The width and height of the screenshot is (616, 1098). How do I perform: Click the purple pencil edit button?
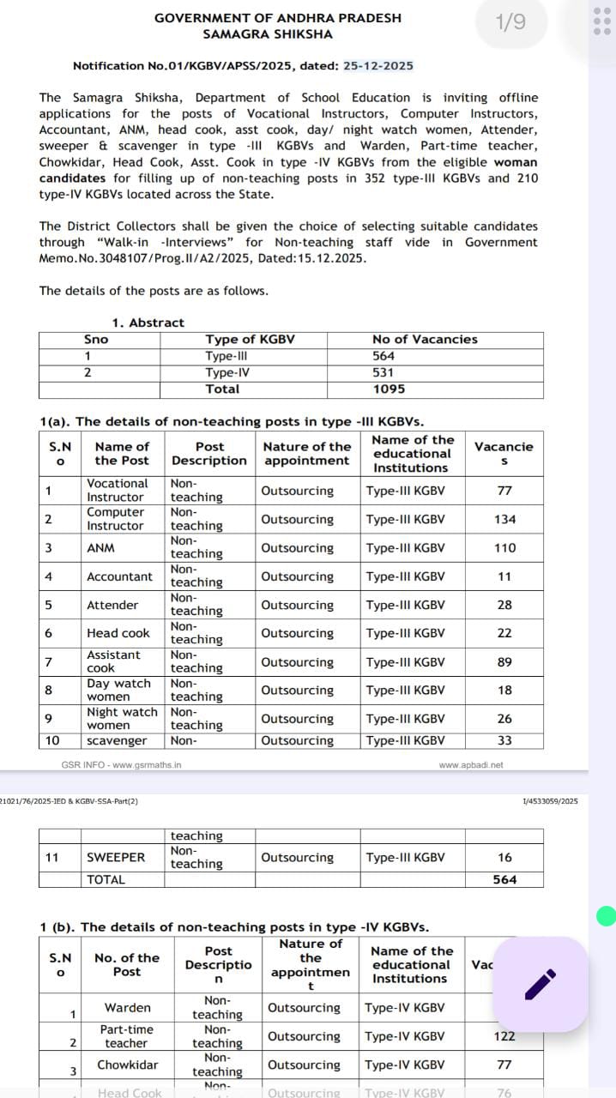[541, 984]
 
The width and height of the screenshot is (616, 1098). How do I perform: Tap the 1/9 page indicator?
[511, 22]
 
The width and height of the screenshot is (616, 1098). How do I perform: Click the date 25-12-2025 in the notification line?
[378, 66]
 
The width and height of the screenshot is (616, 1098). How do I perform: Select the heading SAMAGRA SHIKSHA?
[268, 34]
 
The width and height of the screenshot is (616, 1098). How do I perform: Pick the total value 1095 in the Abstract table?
[389, 389]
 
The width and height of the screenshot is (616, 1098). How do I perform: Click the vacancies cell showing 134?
[504, 519]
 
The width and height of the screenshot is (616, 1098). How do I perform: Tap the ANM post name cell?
[100, 547]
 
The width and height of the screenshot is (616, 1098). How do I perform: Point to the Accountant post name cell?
[119, 576]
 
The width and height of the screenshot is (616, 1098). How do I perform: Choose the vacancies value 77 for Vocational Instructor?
[504, 491]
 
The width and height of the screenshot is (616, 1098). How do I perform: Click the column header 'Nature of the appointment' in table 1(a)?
[307, 453]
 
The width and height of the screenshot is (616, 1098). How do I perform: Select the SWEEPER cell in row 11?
[116, 857]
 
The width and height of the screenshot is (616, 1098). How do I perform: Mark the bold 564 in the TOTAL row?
[504, 879]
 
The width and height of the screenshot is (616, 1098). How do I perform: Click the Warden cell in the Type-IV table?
[127, 1008]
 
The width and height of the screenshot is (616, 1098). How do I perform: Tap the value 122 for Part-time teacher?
[504, 1036]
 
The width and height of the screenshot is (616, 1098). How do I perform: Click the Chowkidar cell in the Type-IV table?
[127, 1065]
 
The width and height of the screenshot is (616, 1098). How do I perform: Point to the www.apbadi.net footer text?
[471, 764]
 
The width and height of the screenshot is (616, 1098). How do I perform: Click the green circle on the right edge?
[607, 916]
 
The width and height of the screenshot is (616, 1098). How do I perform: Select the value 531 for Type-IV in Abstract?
[383, 372]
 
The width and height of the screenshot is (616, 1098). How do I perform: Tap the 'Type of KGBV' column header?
[250, 340]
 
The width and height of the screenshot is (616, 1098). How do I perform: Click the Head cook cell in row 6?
[118, 633]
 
